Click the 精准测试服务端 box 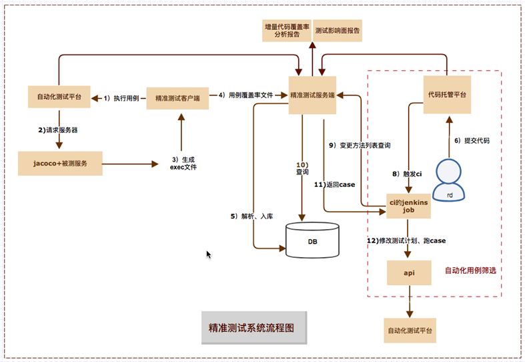tap(312, 96)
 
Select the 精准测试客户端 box tap(177, 98)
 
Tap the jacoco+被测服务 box tap(60, 162)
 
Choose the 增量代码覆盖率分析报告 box tap(287, 31)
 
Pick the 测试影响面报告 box tap(338, 31)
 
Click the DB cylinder tap(312, 240)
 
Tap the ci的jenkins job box tap(408, 206)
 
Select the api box tap(409, 273)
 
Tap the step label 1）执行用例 tap(121, 98)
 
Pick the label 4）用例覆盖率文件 tap(248, 96)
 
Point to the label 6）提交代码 tap(472, 140)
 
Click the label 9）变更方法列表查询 tap(360, 145)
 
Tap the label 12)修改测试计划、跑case tap(406, 240)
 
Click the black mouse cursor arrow tap(209, 254)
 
